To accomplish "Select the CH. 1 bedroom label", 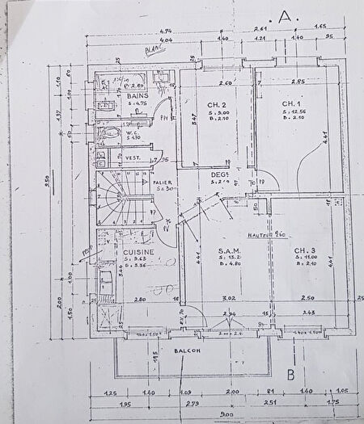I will click(291, 104).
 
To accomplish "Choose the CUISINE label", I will click(139, 252).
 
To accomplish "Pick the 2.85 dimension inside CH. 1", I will click(298, 82).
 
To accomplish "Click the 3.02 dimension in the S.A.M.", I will click(228, 298).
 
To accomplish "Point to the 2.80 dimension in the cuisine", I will click(140, 299).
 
